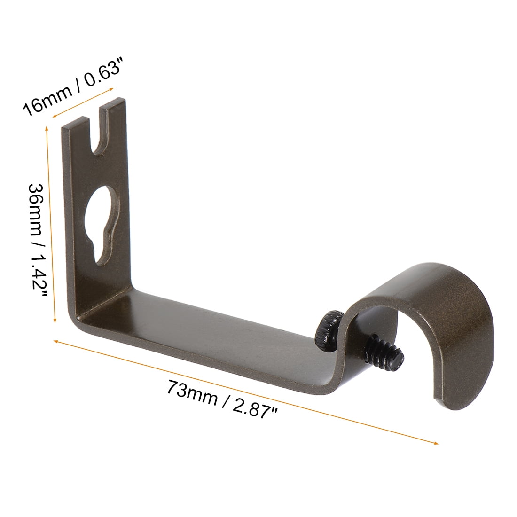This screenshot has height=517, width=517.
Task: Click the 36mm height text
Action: point(36,211)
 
